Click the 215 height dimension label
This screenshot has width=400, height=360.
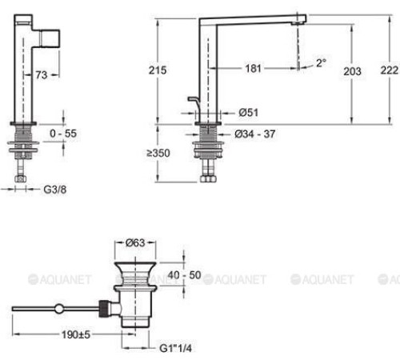click(158, 70)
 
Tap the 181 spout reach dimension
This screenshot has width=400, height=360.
click(253, 68)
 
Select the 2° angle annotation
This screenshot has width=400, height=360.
click(321, 63)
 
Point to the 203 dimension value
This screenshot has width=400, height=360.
click(352, 71)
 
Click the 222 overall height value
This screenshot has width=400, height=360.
click(390, 70)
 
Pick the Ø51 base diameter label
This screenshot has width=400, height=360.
click(249, 112)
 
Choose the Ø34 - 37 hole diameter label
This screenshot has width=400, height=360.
click(255, 134)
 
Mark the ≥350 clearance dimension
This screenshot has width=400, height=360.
click(158, 153)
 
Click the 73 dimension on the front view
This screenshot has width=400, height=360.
click(42, 75)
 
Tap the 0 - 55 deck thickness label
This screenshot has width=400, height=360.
click(63, 134)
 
